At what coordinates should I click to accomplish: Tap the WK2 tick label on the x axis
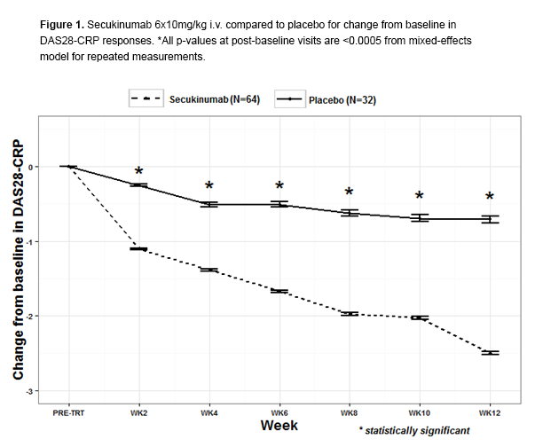(x=138, y=413)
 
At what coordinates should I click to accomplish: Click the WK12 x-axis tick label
(x=489, y=413)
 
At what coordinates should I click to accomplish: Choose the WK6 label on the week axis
(x=279, y=413)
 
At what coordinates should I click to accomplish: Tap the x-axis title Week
(x=279, y=427)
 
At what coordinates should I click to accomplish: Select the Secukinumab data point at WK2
(x=138, y=249)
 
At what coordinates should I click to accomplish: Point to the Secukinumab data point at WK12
(x=489, y=353)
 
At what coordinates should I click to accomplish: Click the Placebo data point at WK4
(x=209, y=204)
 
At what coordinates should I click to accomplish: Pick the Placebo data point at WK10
(x=419, y=218)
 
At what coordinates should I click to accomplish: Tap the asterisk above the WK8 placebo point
(x=349, y=192)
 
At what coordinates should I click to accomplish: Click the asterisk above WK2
(x=138, y=172)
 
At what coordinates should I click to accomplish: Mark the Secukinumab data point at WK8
(x=349, y=313)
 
